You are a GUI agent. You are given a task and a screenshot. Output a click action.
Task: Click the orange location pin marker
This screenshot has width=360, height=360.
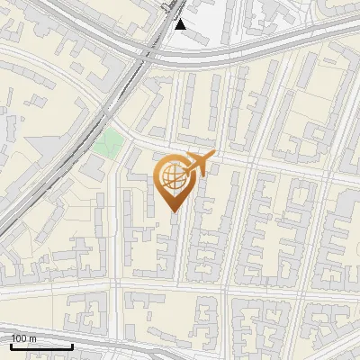pos(175,180)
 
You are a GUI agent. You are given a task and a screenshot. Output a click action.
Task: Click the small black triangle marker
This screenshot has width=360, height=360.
pos(180,24)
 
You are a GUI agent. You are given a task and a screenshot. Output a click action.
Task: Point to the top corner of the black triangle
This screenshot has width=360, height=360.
pos(180,19)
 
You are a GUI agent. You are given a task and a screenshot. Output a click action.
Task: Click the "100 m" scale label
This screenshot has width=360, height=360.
pos(23,338)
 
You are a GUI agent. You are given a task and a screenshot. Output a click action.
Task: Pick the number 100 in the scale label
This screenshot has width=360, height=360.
pos(19,338)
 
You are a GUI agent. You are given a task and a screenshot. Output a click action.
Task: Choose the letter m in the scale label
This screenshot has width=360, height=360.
pos(32,338)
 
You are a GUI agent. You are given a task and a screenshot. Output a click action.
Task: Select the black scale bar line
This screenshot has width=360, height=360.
pos(40,346)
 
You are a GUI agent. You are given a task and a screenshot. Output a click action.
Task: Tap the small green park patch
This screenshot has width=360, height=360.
pos(110,142)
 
